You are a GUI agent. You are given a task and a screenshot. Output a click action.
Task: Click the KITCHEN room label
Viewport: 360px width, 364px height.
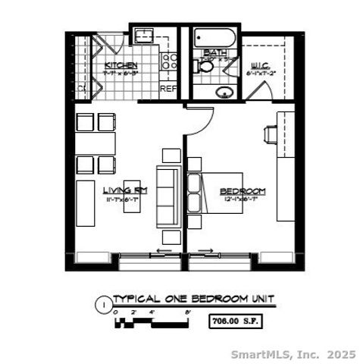121,65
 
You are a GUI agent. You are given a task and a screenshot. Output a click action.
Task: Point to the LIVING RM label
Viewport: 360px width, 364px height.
125,190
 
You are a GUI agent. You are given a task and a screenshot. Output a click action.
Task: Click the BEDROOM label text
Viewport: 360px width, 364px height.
243,190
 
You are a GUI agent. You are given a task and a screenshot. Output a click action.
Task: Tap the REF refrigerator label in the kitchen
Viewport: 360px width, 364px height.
168,88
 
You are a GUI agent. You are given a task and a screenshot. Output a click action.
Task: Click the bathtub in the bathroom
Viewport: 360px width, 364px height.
213,36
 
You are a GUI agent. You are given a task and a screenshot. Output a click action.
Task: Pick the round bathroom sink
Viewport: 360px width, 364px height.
224,93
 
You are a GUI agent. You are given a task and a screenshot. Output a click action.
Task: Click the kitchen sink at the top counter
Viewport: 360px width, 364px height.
143,35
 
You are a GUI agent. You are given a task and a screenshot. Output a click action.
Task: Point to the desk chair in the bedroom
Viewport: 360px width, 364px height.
270,134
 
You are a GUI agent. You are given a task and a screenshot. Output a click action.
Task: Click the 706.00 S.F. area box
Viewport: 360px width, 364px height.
238,321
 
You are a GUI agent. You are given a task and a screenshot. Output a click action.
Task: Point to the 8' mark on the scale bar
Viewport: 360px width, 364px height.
187,312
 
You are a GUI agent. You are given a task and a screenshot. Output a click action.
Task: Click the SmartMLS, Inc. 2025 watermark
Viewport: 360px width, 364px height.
293,354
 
